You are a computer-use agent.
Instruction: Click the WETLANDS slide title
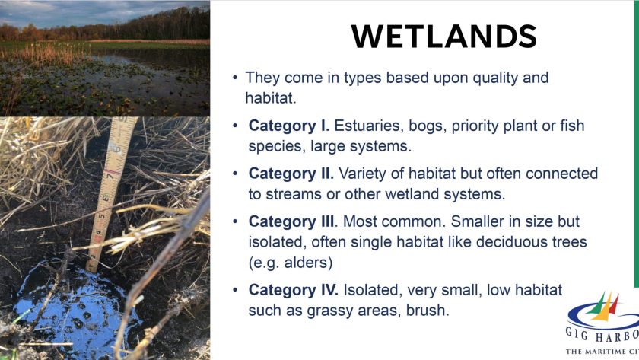(444, 36)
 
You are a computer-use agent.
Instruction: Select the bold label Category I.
(288, 126)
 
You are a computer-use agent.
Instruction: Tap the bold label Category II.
(291, 174)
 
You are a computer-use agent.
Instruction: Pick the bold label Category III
(292, 221)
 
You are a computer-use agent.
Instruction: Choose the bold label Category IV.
(293, 290)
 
